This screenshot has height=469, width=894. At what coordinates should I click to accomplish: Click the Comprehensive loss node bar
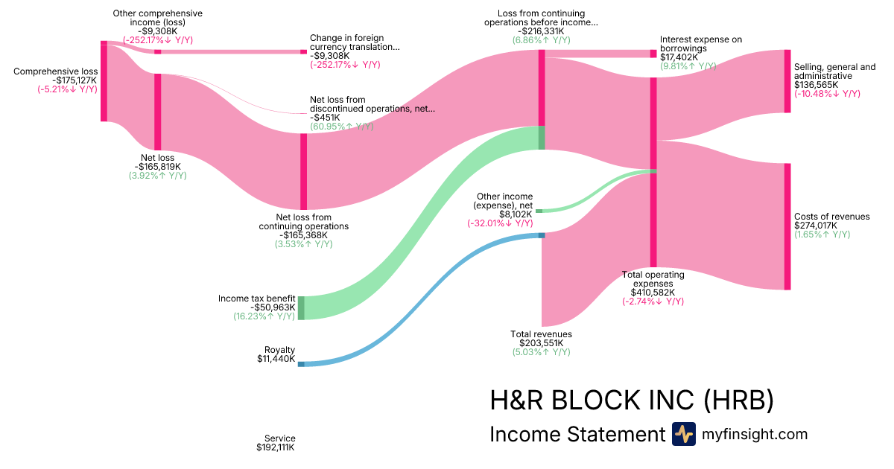tap(104, 81)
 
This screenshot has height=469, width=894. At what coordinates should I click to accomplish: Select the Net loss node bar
tap(157, 112)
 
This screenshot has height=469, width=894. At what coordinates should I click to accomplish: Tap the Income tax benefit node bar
tap(301, 307)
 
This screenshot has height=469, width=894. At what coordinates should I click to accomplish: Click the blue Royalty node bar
tap(301, 364)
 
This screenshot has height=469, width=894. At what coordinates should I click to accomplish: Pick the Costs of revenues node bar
tap(787, 226)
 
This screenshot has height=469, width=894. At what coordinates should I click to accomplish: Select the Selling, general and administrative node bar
tap(787, 81)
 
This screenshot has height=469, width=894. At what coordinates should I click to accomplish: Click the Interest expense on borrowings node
tap(653, 54)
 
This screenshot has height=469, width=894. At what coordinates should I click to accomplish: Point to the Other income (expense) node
tap(539, 211)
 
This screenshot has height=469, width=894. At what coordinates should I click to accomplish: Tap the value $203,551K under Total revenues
tap(541, 343)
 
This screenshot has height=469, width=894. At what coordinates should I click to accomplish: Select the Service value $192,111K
tap(276, 447)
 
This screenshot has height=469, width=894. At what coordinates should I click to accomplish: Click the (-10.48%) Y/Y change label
tap(827, 94)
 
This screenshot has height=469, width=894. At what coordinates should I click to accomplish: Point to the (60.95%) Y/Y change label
tap(342, 127)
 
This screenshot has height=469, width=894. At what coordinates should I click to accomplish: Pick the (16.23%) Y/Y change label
tap(264, 316)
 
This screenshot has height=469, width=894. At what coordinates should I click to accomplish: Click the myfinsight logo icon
tap(683, 434)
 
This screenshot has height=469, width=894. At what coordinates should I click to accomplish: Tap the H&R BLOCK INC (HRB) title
tap(631, 401)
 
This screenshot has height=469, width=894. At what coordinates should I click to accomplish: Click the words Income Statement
tap(577, 434)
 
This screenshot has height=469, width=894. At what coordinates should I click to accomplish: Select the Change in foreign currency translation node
tap(303, 52)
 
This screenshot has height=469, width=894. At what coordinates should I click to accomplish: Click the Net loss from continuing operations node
tap(303, 171)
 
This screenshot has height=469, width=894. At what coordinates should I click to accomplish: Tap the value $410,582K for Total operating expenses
tap(653, 293)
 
